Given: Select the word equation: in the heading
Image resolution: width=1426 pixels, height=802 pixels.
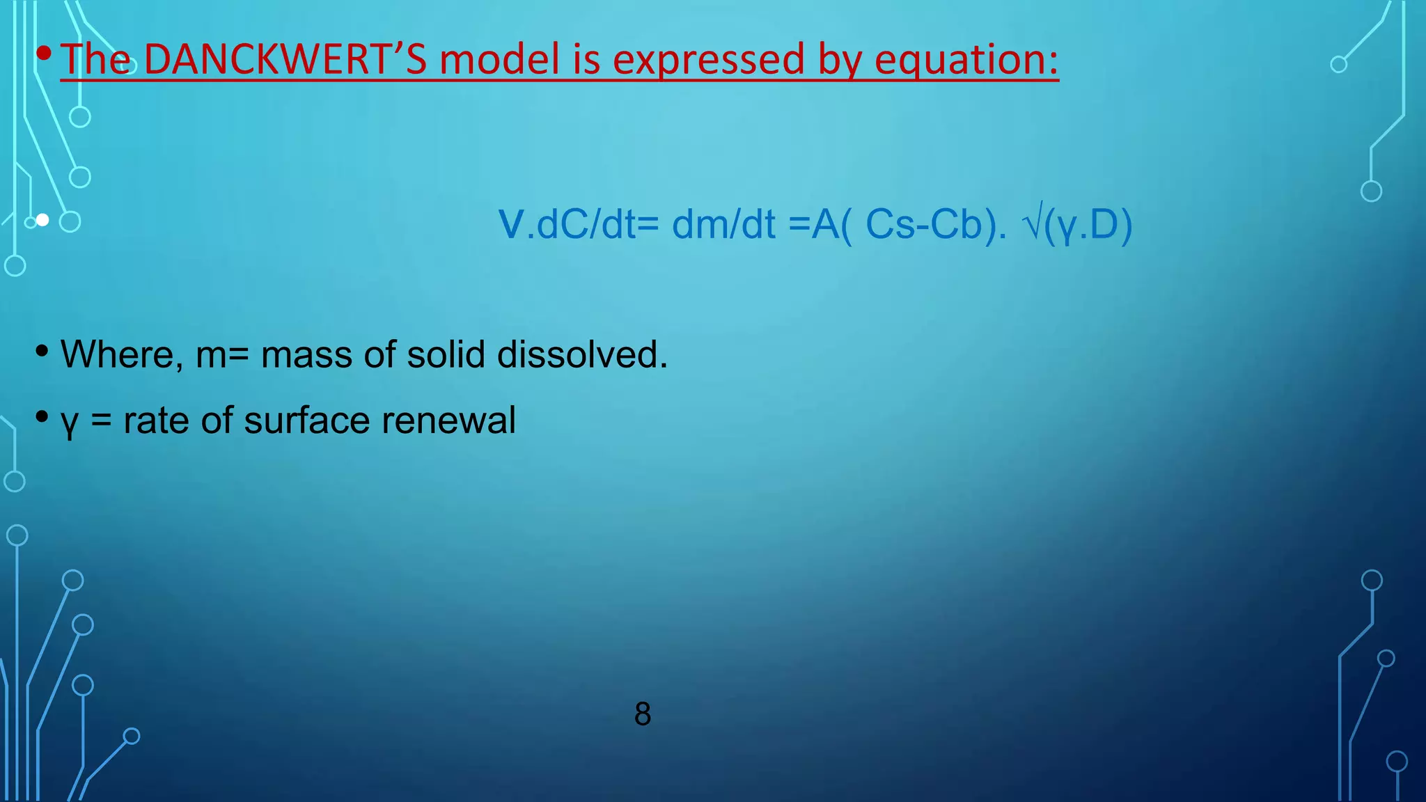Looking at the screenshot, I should (966, 61).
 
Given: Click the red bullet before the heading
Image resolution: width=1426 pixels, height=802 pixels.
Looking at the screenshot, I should (43, 53).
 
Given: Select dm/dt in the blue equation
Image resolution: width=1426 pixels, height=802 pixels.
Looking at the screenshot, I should (723, 225).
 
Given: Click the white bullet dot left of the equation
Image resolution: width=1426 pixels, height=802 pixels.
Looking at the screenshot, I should (42, 220).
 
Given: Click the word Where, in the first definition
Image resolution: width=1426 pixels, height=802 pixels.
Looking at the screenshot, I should (122, 354).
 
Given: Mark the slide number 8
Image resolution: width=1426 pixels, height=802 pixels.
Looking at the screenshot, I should (643, 714).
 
